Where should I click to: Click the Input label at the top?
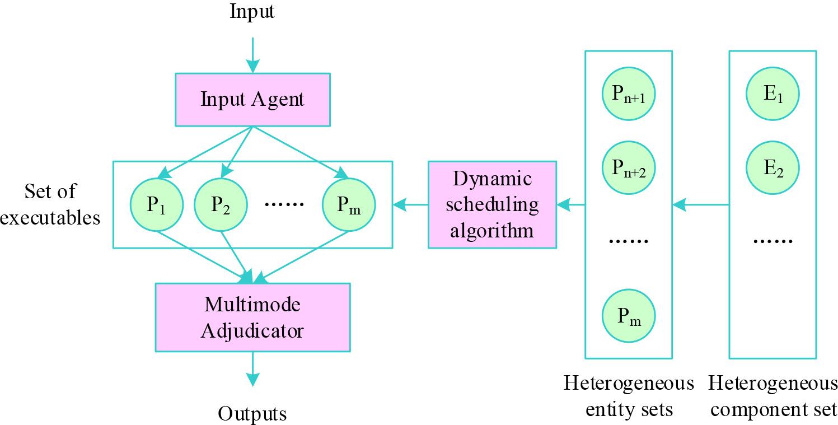pyautogui.click(x=252, y=12)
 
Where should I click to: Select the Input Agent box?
pyautogui.click(x=252, y=100)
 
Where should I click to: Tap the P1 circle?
pyautogui.click(x=156, y=205)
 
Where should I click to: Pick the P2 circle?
pyautogui.click(x=221, y=205)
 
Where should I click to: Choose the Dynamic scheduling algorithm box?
pyautogui.click(x=492, y=205)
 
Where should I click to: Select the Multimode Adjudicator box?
pyautogui.click(x=252, y=317)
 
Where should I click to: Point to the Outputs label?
pyautogui.click(x=252, y=414)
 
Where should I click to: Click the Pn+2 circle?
pyautogui.click(x=629, y=167)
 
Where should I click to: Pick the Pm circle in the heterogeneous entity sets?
pyautogui.click(x=629, y=317)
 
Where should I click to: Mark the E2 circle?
pyautogui.click(x=773, y=167)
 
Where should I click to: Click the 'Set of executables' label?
pyautogui.click(x=50, y=204)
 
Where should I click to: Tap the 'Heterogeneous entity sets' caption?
pyautogui.click(x=629, y=396)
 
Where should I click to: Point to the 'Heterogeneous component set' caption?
pyautogui.click(x=773, y=396)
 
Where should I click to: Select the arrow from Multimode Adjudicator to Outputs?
pyautogui.click(x=252, y=369)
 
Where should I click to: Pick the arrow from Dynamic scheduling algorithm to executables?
pyautogui.click(x=410, y=206)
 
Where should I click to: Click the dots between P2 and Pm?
pyautogui.click(x=284, y=205)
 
